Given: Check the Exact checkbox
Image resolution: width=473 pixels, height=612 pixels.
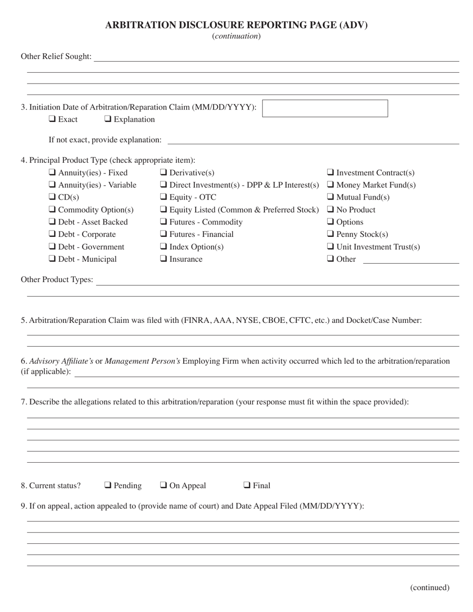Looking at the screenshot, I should [x=52, y=119].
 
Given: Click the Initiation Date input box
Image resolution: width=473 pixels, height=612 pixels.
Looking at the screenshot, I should [x=325, y=108].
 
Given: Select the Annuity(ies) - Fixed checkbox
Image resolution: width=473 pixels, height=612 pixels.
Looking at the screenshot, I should [x=52, y=173].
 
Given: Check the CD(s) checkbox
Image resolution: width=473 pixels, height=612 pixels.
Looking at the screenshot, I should [x=52, y=198].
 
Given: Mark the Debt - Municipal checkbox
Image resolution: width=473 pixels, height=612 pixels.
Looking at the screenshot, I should [x=52, y=259].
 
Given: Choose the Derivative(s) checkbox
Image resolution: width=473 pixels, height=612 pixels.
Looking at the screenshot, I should [x=163, y=173].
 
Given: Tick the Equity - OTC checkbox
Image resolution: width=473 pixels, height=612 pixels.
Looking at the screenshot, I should [x=163, y=198].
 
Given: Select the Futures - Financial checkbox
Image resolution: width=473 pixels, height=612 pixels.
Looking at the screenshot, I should [x=163, y=234].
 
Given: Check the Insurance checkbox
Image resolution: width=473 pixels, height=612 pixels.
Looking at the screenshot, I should [x=163, y=259].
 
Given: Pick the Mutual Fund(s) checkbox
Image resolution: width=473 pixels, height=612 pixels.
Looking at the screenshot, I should [x=330, y=198].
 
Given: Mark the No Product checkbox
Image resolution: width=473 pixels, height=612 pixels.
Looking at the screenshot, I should [x=330, y=210].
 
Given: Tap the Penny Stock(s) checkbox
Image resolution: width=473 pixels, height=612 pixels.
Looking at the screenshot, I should [x=330, y=234].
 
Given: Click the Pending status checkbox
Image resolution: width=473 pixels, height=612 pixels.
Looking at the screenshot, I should [x=108, y=486].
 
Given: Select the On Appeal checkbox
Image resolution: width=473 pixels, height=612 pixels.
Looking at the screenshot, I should [x=163, y=486].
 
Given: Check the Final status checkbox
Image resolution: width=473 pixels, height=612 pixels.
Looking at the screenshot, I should [x=246, y=486].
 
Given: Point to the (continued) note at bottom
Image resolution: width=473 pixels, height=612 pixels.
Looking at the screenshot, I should [x=429, y=588].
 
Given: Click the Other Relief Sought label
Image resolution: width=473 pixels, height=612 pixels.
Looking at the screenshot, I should [x=56, y=56].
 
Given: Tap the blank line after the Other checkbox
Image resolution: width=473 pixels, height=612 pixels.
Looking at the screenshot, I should [x=411, y=261].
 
